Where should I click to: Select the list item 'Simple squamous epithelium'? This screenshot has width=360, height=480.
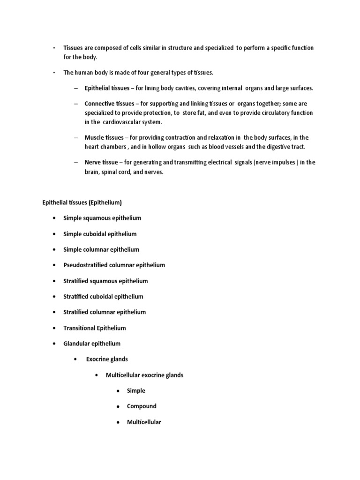pos(102,218)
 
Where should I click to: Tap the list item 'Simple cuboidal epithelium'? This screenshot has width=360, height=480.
pos(100,234)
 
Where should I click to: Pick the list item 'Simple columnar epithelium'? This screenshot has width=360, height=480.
pos(101,249)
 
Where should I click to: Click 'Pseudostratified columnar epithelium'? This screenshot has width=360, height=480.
pos(114,265)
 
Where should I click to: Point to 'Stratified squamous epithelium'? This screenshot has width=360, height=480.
pos(105,281)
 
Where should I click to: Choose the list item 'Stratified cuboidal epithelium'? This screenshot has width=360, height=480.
pos(103,296)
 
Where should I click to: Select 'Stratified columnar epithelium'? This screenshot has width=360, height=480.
pos(105,312)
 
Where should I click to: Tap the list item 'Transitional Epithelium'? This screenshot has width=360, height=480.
pos(95,328)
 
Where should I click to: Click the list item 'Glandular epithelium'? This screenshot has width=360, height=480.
pos(92,343)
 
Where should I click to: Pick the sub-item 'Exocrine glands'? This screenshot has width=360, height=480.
pos(107,359)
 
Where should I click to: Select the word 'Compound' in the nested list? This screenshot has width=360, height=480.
pos(142,406)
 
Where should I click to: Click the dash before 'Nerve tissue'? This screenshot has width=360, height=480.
pos(76,162)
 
